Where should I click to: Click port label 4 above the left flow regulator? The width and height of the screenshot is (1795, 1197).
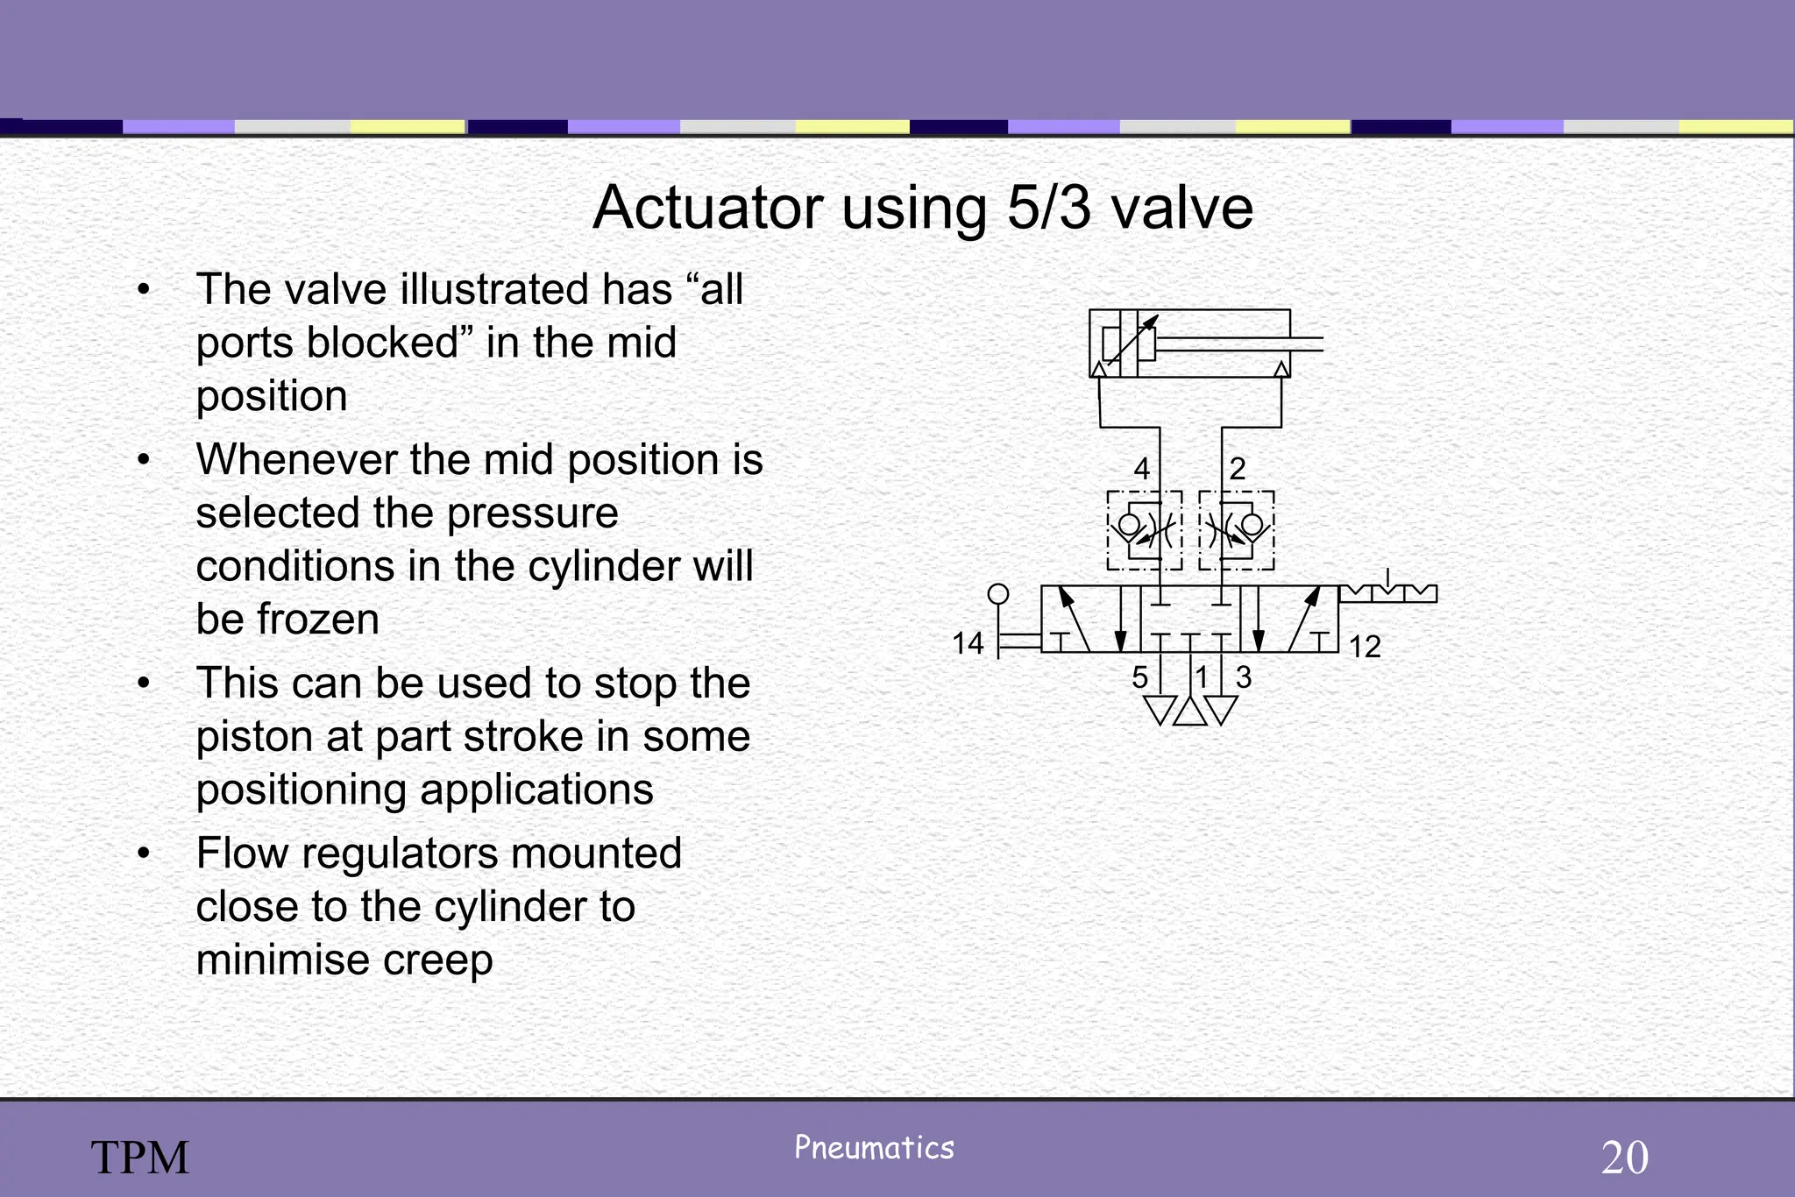(x=1141, y=470)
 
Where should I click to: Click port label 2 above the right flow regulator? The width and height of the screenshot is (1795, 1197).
(x=1237, y=470)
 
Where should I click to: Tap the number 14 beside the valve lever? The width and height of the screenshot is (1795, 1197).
(x=968, y=644)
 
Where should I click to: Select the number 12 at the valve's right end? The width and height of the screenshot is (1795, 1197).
(x=1365, y=648)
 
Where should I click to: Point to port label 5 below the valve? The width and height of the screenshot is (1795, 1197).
(x=1139, y=677)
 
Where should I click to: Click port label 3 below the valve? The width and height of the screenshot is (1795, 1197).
(x=1243, y=677)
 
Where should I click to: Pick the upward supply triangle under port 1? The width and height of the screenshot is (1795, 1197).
(x=1189, y=711)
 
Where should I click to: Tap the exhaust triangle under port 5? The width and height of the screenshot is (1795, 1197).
(x=1160, y=709)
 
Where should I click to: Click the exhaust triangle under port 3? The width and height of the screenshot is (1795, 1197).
(x=1220, y=709)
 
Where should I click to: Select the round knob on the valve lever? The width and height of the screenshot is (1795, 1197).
(x=998, y=594)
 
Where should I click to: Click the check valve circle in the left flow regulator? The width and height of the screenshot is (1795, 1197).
(x=1129, y=526)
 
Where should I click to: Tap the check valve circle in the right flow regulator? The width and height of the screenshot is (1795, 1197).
(x=1252, y=526)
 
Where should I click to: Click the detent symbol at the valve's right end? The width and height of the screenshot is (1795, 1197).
(x=1388, y=592)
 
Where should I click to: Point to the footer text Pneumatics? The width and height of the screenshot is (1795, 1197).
(x=874, y=1148)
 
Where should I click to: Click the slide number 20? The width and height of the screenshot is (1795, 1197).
(x=1624, y=1158)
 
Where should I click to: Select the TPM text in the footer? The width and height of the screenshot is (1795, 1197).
(x=140, y=1158)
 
